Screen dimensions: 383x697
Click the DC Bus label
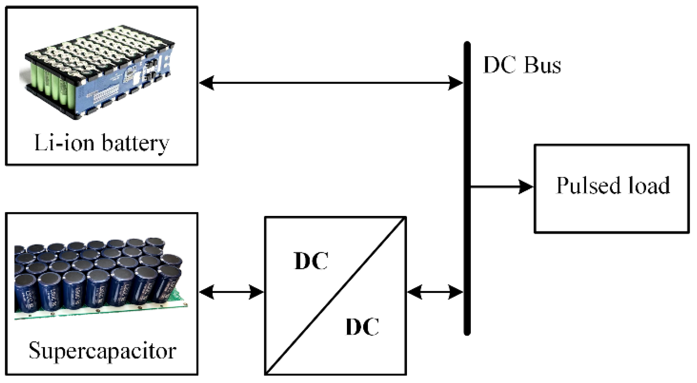coord(522,65)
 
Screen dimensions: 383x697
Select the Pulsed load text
coord(613,186)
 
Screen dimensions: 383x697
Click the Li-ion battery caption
coord(102,143)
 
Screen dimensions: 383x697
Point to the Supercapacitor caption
coord(102,350)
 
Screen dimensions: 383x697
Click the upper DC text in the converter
coord(311,261)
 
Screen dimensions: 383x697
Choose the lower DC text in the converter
coord(362,327)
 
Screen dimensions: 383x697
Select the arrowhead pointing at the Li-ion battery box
coord(207,83)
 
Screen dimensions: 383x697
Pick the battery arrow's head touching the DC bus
coord(455,83)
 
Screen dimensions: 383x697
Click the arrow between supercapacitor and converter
coord(231,292)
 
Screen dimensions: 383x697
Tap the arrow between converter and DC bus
coord(435,292)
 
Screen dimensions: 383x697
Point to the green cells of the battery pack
coord(49,82)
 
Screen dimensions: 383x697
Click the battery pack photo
coord(99,72)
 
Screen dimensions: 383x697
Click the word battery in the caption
coord(135,143)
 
